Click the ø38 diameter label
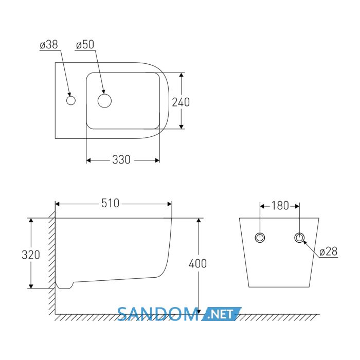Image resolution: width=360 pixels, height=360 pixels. click(x=49, y=45)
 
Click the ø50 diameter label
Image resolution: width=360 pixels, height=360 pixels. click(x=85, y=45)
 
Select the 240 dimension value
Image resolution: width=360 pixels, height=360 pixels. click(x=181, y=102)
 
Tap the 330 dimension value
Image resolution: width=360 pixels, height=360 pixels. click(x=121, y=159)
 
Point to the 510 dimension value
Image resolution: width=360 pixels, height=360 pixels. click(x=110, y=203)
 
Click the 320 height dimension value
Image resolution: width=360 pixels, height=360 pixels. click(x=31, y=255)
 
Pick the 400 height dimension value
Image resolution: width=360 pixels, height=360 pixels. click(x=197, y=263)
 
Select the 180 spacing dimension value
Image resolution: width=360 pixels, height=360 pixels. click(x=280, y=206)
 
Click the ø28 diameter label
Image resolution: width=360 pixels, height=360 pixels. click(x=329, y=251)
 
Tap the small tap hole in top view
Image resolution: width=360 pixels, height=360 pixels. click(x=71, y=101)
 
